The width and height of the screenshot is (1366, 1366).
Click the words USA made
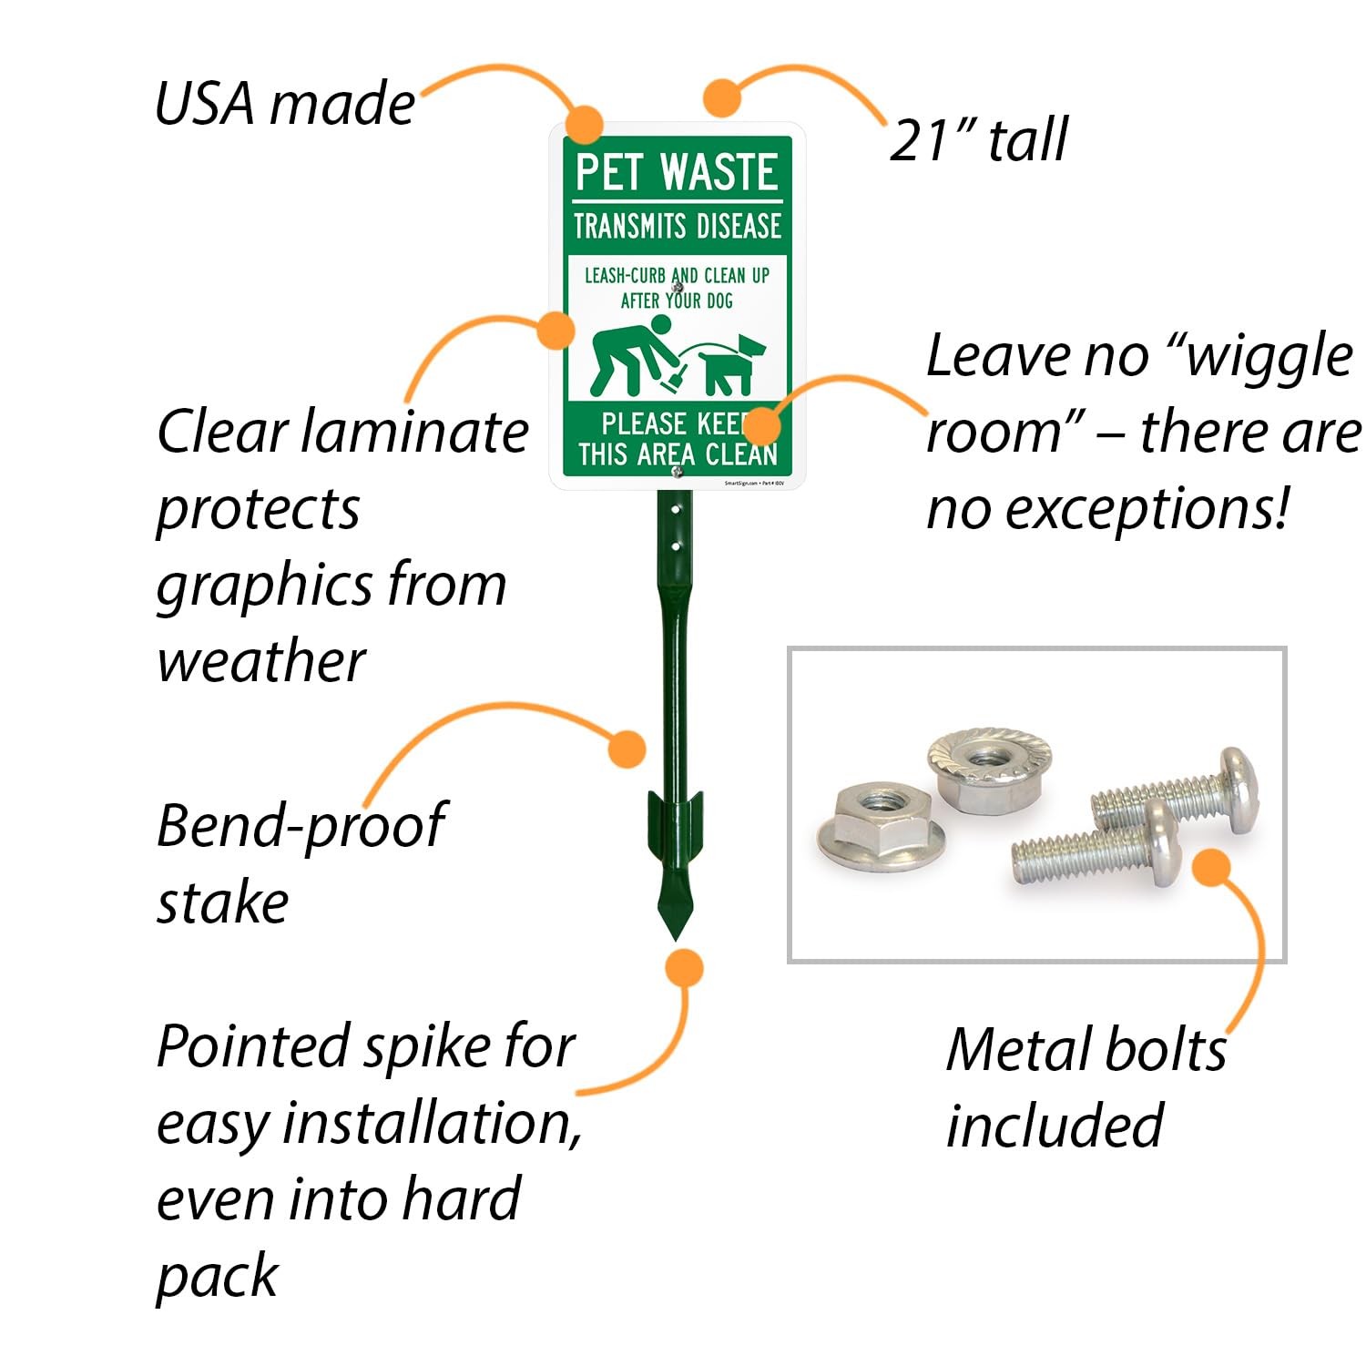click(284, 103)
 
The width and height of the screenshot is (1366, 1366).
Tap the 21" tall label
click(977, 140)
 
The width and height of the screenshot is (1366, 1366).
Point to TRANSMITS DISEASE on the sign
click(677, 226)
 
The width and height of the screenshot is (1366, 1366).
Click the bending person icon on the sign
click(631, 354)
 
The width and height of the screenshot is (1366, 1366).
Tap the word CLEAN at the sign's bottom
click(741, 454)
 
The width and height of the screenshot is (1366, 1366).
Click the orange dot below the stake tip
click(683, 967)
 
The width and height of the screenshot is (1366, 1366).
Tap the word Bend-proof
click(301, 826)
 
